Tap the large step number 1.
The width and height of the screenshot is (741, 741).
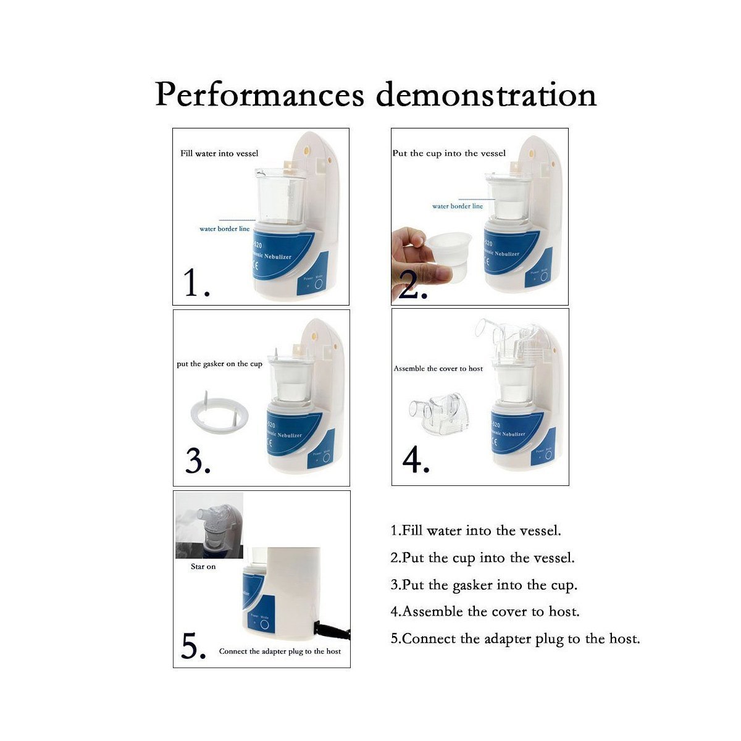click(x=196, y=283)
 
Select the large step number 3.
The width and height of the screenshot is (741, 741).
click(x=198, y=461)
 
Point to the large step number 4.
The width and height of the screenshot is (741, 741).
click(x=416, y=460)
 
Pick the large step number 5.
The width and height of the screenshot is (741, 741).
click(x=193, y=647)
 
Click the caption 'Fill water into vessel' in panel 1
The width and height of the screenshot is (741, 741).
click(x=219, y=153)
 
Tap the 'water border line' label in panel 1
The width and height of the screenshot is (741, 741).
click(x=224, y=228)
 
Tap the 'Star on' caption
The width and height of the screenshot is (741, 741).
click(x=203, y=566)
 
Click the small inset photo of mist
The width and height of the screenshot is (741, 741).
click(x=209, y=525)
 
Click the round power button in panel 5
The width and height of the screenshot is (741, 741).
click(x=265, y=625)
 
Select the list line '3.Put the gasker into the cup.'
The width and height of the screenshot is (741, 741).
click(x=484, y=585)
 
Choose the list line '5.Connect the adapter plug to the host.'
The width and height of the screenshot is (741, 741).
click(x=515, y=638)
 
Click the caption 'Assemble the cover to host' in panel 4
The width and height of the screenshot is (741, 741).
click(x=438, y=369)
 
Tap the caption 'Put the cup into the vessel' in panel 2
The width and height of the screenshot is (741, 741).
click(x=449, y=153)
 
